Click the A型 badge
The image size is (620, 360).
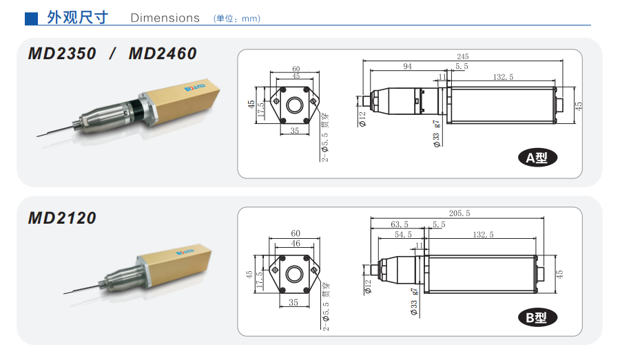pyautogui.click(x=537, y=158)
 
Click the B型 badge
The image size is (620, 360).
pyautogui.click(x=537, y=317)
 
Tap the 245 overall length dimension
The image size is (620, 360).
pyautogui.click(x=463, y=56)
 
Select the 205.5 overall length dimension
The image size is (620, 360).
pyautogui.click(x=459, y=213)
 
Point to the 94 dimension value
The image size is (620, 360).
pyautogui.click(x=407, y=66)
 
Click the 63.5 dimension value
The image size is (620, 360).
pyautogui.click(x=400, y=224)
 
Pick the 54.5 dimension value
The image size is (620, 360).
pyautogui.click(x=403, y=234)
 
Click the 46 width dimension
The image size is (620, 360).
pyautogui.click(x=296, y=244)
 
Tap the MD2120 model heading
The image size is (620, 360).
pyautogui.click(x=62, y=218)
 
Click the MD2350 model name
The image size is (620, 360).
pyautogui.click(x=62, y=54)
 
